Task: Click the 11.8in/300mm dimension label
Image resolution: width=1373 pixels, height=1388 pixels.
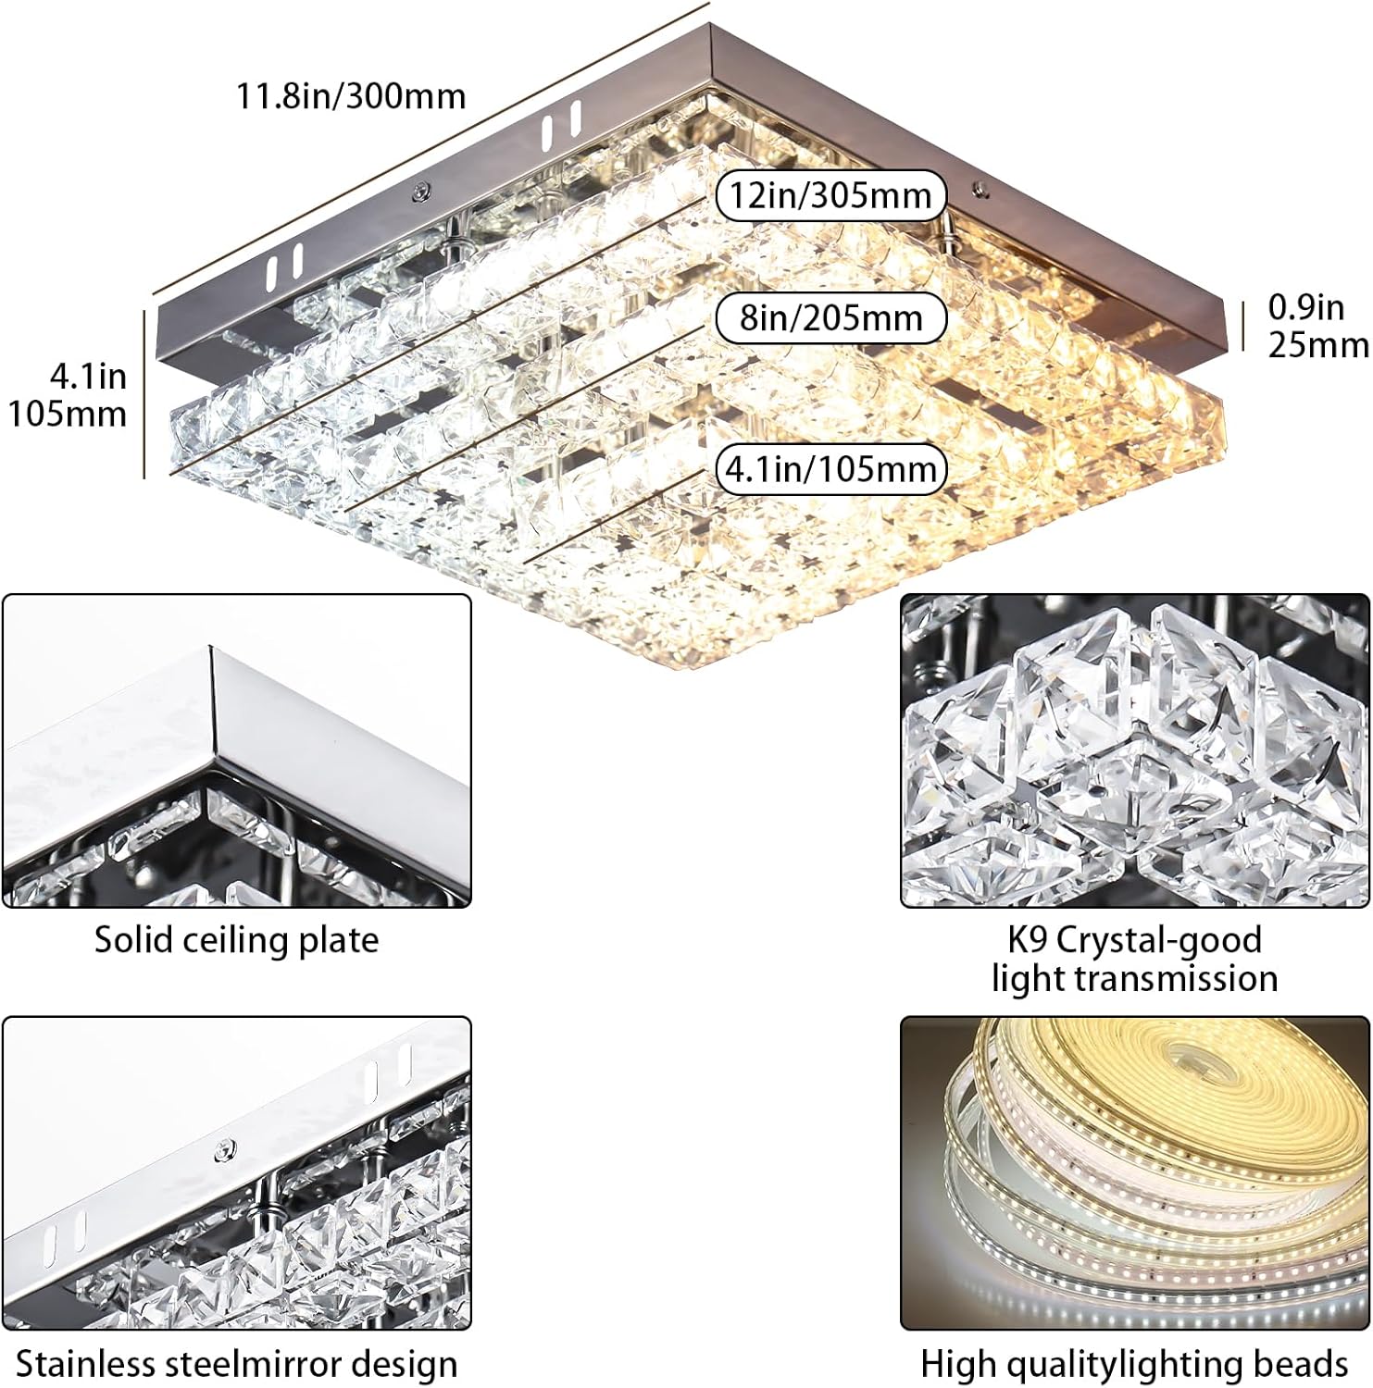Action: (351, 96)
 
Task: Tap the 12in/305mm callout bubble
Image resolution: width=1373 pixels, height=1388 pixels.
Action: (830, 196)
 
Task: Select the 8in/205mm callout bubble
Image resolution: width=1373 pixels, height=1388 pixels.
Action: (830, 318)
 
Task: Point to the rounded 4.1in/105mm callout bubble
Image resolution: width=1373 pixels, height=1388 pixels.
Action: (830, 469)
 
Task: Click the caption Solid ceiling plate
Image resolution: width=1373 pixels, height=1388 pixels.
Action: (236, 940)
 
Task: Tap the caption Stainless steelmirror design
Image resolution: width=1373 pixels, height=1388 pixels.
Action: (236, 1365)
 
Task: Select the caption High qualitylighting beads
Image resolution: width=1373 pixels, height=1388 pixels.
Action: (1134, 1365)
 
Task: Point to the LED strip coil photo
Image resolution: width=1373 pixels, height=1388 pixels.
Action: (1134, 1173)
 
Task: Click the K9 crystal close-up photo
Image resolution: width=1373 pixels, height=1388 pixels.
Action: (1134, 750)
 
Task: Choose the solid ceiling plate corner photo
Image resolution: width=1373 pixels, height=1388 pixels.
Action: (236, 750)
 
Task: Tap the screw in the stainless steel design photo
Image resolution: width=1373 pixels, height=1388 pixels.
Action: (223, 1150)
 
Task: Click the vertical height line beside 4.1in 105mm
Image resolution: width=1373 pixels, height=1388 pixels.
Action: (145, 395)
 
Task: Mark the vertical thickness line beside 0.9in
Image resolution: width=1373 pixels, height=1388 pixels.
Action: (1240, 326)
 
